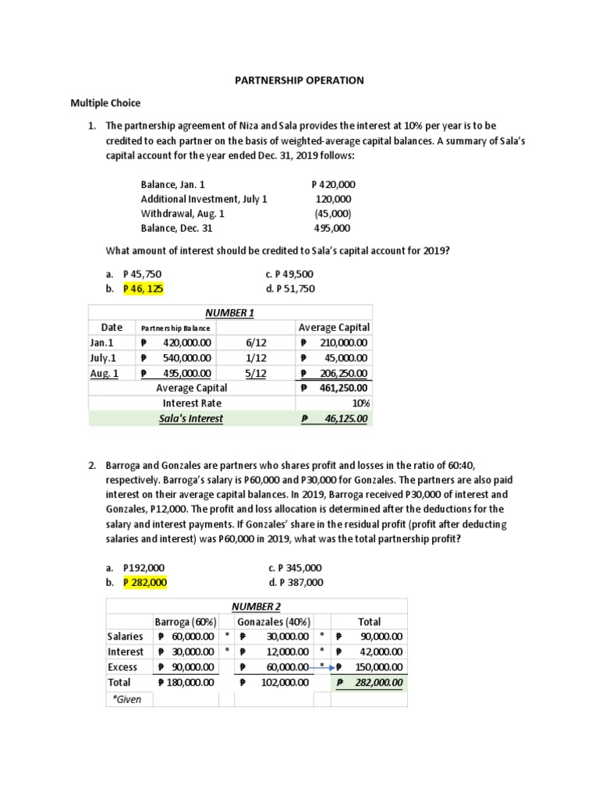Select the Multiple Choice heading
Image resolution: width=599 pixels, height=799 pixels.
106,103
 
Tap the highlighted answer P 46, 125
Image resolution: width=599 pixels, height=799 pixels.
144,289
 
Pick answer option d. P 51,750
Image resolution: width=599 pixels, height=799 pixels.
290,289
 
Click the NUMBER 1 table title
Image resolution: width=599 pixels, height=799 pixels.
229,313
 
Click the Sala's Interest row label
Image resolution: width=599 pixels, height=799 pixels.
191,419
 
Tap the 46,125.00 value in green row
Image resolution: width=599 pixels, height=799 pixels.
343,419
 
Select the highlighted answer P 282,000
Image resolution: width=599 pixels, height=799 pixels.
144,582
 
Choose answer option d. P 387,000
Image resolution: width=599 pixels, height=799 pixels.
295,582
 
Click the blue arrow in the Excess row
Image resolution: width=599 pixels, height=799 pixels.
326,667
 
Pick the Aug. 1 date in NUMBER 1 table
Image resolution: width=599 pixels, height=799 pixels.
105,373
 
